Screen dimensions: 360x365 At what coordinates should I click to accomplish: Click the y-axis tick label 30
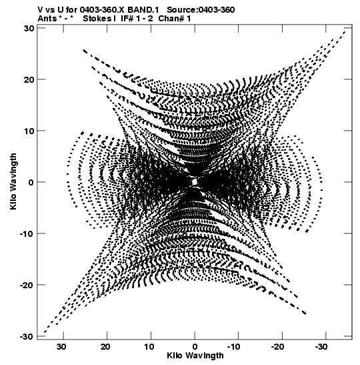tap(29, 28)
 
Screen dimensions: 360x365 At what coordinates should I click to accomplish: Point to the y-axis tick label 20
tap(29, 79)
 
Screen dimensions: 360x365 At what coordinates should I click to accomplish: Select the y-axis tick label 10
tap(29, 131)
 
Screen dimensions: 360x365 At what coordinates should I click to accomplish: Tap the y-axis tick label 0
tap(31, 182)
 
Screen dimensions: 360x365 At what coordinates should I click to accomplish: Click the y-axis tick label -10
tap(27, 234)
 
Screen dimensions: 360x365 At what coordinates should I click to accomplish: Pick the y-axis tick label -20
tap(27, 285)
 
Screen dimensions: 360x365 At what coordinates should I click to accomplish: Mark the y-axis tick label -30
tap(27, 336)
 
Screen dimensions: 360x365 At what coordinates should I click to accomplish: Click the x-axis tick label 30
tap(61, 347)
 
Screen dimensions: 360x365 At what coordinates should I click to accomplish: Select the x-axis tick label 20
tap(105, 347)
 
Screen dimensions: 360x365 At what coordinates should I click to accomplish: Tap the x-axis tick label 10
tap(149, 347)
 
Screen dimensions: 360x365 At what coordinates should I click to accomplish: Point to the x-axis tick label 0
tap(195, 347)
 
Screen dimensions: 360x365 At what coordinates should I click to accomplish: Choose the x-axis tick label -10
tap(233, 347)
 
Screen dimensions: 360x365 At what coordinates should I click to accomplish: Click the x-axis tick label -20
tap(277, 347)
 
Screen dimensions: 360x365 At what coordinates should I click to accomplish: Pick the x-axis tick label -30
tap(321, 347)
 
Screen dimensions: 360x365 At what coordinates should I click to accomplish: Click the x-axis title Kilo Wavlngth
tap(195, 356)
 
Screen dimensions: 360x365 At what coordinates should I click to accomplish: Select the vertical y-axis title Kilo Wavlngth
tap(13, 181)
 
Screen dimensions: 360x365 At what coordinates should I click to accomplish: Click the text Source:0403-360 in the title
tap(201, 10)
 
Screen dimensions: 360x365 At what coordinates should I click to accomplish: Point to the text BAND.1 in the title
tap(143, 10)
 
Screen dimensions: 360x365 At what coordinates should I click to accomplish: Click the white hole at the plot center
tap(195, 181)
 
